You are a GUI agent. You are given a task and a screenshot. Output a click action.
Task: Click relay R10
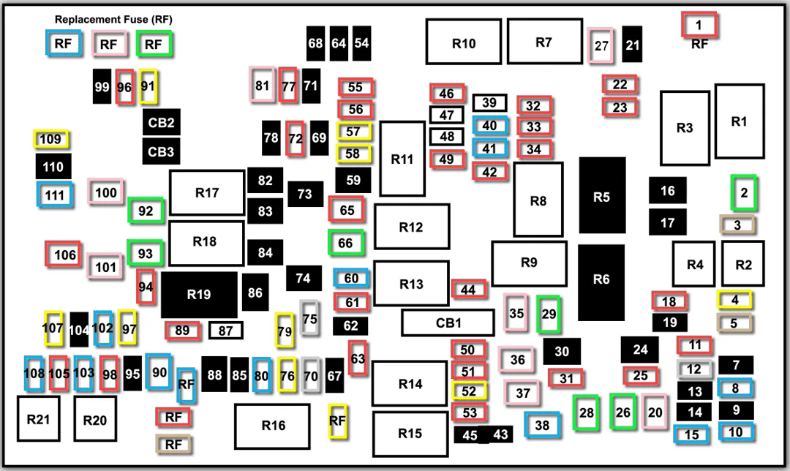click(x=464, y=42)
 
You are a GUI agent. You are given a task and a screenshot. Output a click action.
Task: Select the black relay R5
click(x=601, y=195)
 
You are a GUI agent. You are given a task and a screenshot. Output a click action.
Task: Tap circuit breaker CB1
click(x=448, y=323)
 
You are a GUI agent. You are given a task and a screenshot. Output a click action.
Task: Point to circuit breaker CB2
click(x=161, y=122)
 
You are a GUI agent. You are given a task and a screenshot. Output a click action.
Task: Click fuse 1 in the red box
click(x=699, y=25)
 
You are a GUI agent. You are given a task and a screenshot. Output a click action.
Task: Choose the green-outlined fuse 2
click(x=744, y=192)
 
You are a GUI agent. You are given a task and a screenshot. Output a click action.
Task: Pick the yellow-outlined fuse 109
click(x=51, y=139)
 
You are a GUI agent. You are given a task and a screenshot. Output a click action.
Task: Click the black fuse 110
click(x=53, y=167)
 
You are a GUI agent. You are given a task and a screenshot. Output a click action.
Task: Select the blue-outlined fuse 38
click(x=542, y=425)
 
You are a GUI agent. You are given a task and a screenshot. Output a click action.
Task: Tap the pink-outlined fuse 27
click(x=601, y=46)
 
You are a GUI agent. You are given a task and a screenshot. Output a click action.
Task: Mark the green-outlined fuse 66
click(x=345, y=243)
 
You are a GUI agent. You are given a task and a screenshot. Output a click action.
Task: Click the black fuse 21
click(x=632, y=45)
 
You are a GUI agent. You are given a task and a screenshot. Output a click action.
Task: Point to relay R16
click(x=273, y=426)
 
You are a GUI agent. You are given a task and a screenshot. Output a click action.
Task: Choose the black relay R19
click(x=199, y=295)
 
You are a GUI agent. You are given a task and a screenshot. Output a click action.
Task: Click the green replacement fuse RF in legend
click(x=154, y=45)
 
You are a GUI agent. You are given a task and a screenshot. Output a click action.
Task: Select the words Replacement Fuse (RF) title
click(x=113, y=20)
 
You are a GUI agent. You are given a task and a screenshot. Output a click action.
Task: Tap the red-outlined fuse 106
click(x=64, y=255)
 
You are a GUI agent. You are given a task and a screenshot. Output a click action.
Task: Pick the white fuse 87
click(x=226, y=331)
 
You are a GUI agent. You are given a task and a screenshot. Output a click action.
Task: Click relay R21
click(x=38, y=419)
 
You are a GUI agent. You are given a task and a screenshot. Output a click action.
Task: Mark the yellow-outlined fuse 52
click(x=469, y=391)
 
